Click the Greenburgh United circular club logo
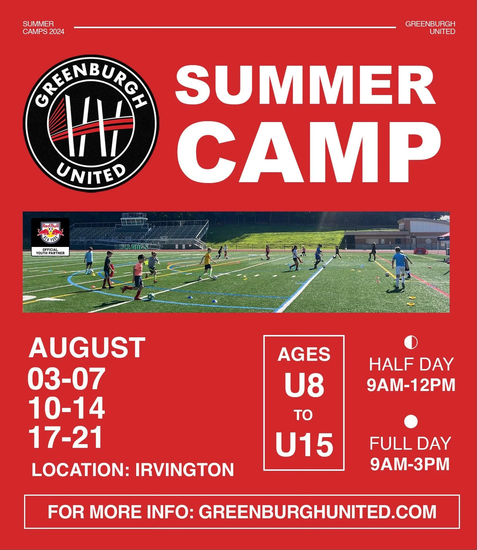91,123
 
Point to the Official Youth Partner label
50,252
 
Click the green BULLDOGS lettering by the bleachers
132,247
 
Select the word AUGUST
87,348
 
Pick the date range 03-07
66,379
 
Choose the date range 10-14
67,409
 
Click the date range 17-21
66,438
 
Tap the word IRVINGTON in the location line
185,470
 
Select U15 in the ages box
304,445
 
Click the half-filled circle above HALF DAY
411,342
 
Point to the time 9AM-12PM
411,385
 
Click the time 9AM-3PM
410,464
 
